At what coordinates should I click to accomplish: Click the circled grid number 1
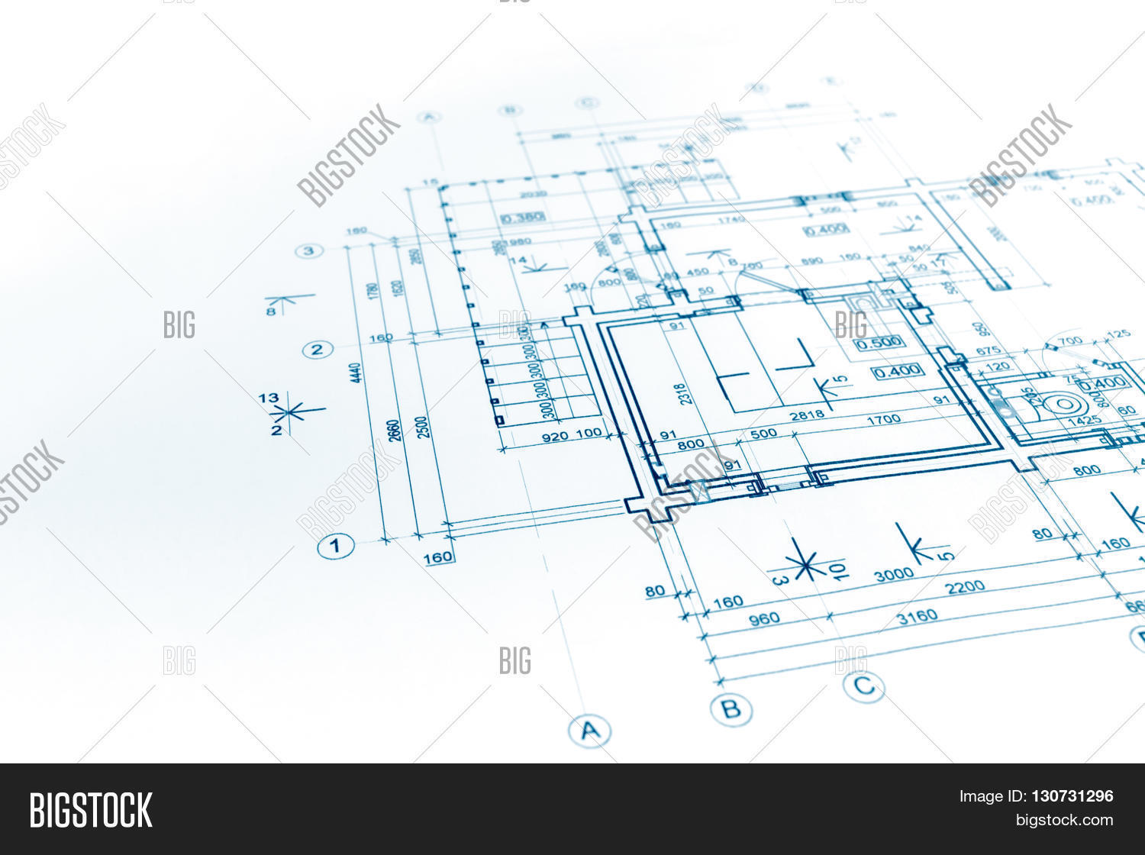(335, 546)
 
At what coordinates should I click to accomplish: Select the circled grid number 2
(318, 350)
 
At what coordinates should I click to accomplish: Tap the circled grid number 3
(308, 250)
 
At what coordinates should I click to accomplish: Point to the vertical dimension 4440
(356, 373)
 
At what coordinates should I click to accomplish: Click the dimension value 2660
(394, 431)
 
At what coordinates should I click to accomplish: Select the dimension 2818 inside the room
(807, 415)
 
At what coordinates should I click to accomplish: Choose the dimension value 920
(555, 437)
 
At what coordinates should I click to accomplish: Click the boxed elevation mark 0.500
(879, 343)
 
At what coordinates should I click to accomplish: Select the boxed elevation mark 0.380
(523, 217)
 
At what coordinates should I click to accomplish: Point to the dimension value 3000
(894, 574)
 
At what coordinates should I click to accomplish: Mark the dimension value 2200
(965, 587)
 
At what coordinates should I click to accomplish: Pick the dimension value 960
(763, 618)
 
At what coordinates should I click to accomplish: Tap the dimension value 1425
(1084, 420)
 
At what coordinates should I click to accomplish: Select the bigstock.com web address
(1064, 820)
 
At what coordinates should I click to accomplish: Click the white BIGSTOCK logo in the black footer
(91, 810)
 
